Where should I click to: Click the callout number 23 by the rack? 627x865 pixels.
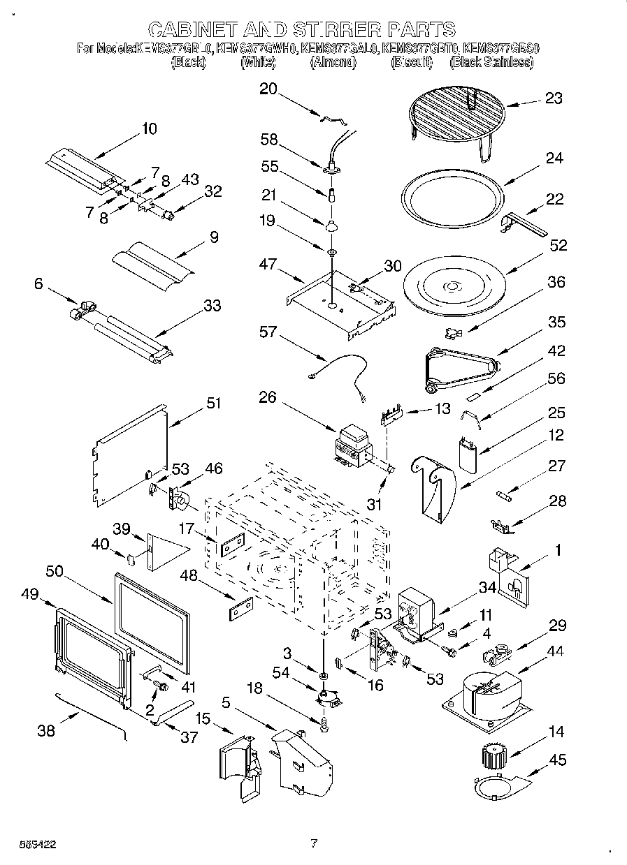click(554, 98)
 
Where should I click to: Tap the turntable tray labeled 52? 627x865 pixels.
click(454, 286)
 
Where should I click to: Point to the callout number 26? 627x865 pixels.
click(268, 398)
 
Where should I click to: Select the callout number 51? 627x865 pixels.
click(213, 403)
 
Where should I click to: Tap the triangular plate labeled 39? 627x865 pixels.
click(164, 544)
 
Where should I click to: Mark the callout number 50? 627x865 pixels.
click(55, 572)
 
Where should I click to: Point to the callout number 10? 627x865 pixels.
click(149, 128)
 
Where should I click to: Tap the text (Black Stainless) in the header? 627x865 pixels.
click(491, 62)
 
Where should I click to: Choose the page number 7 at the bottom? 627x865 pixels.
click(314, 843)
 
